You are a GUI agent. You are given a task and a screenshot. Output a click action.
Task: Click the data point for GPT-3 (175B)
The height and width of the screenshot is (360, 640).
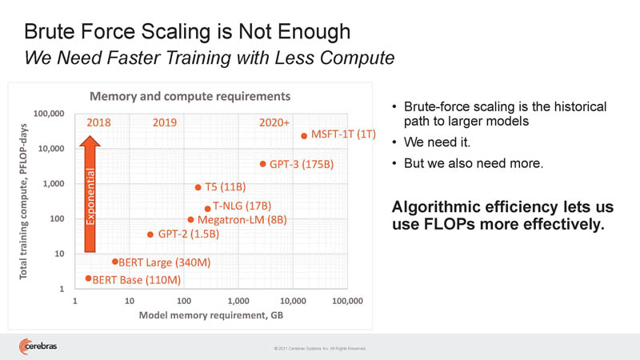262,164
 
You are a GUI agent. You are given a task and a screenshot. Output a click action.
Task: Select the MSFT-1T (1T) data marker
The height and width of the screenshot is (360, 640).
304,136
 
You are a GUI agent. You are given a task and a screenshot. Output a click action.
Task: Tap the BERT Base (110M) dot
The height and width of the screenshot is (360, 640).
88,278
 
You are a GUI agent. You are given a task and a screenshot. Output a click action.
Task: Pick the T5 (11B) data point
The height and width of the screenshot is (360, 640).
198,187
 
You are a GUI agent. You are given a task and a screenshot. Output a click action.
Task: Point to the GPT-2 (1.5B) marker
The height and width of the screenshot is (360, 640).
150,234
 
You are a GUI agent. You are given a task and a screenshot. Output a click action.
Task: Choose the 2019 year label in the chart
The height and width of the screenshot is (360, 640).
165,123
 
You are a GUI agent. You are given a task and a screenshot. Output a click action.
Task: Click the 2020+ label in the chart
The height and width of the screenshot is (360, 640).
274,123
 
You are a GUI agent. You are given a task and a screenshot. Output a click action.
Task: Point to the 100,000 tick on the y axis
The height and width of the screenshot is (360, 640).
47,114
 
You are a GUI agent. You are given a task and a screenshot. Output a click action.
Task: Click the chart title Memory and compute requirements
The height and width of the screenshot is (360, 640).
189,96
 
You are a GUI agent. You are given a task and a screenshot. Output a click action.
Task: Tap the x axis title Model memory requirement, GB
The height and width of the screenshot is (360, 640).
211,315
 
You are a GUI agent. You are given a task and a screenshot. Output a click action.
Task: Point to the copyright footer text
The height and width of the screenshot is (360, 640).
319,349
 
